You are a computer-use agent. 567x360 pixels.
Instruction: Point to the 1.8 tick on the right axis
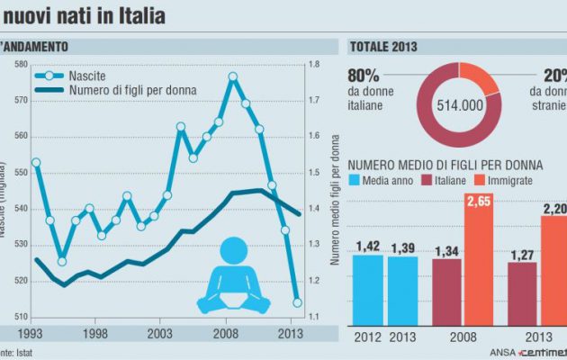(x=312, y=64)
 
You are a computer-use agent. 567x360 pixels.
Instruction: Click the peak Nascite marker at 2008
(x=233, y=76)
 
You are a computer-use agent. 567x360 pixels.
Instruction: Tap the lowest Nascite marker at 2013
(x=297, y=302)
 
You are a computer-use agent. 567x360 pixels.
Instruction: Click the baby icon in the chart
(x=233, y=273)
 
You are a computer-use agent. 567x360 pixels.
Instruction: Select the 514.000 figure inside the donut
(x=460, y=104)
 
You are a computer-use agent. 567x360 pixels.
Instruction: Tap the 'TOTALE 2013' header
(x=390, y=46)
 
